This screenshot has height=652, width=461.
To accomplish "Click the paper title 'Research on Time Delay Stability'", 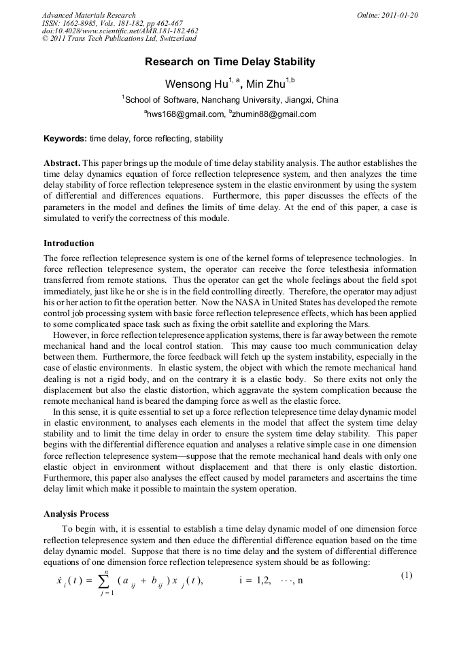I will (x=230, y=62).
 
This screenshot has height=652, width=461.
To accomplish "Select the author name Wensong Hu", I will (x=192, y=84).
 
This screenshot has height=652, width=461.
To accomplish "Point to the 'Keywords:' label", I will (x=65, y=139).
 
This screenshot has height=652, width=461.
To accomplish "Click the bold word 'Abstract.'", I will (x=63, y=163).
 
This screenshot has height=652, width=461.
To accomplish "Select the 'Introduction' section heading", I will (x=69, y=243).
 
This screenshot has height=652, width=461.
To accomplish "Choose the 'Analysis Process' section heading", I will (x=76, y=514).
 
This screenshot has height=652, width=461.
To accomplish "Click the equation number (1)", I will (x=407, y=575).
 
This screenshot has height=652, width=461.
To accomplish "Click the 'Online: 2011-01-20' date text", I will (x=387, y=15).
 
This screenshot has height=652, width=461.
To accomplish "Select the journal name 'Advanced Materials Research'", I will (x=88, y=15).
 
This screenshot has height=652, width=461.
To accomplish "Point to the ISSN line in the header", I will (x=112, y=23).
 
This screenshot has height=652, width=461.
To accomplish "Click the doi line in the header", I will (x=120, y=31).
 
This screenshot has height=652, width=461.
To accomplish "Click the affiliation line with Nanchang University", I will (x=231, y=100).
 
